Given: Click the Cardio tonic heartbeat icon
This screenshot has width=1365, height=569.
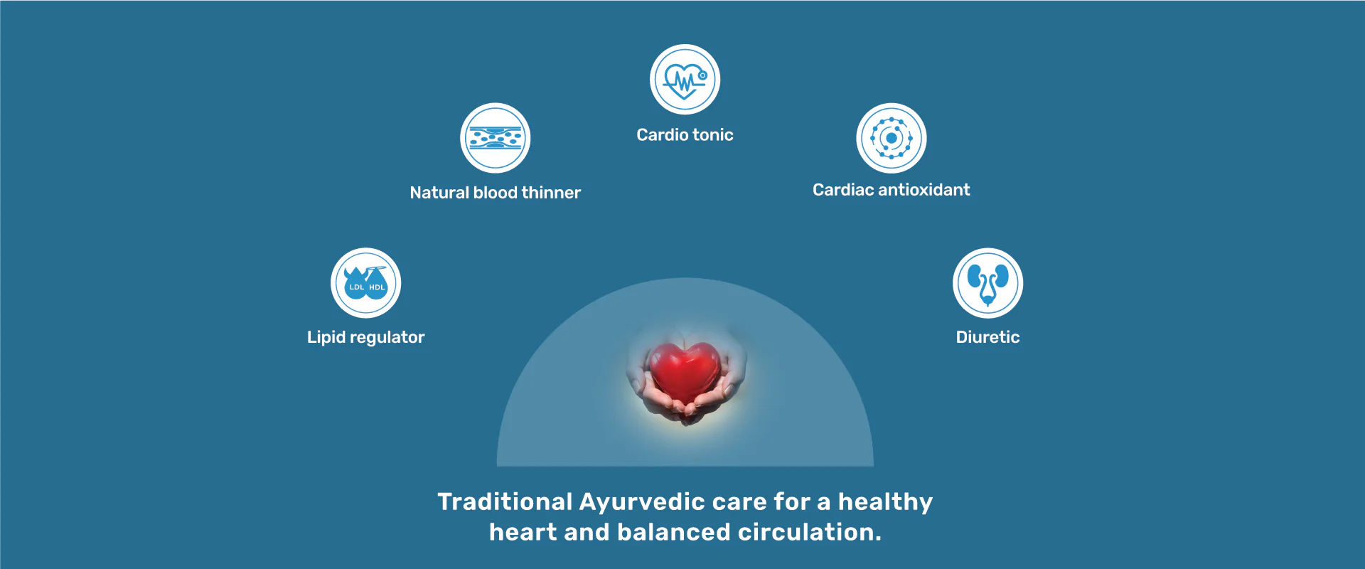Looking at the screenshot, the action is [x=685, y=80].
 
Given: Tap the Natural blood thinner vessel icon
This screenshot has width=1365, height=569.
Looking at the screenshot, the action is [x=496, y=138].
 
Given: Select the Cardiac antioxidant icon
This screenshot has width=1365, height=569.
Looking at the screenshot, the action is [x=892, y=138].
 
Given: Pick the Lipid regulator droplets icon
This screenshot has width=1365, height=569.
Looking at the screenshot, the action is [x=366, y=283].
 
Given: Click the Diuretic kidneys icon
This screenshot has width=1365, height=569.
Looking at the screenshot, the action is [x=988, y=283].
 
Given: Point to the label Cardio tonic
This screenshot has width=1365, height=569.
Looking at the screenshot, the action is [x=685, y=134].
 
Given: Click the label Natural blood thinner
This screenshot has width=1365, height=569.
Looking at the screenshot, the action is [x=496, y=193].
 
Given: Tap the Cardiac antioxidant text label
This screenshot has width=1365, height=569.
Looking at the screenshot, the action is [x=892, y=190].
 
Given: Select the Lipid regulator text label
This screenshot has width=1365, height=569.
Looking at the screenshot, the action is [x=366, y=338].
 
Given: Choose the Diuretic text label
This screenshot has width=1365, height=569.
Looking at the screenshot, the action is [x=988, y=337].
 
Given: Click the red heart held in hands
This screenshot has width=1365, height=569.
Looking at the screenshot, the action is [x=685, y=372].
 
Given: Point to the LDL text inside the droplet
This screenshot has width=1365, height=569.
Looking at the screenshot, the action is [x=357, y=287].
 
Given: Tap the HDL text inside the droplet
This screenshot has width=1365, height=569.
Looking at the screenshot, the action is [x=377, y=287].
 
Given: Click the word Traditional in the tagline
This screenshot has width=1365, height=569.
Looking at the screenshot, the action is [x=505, y=501].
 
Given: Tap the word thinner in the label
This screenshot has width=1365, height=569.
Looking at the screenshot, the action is [x=551, y=193].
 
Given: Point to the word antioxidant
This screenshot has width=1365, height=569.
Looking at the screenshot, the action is [x=924, y=190].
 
